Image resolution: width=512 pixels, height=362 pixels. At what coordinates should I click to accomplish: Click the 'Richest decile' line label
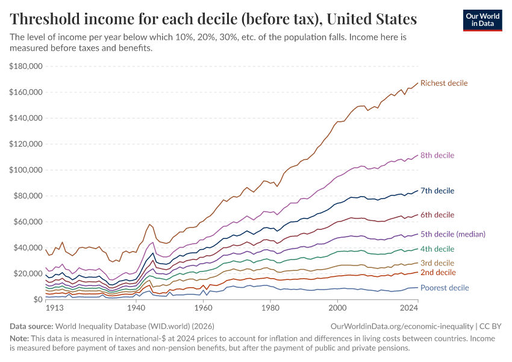click(x=444, y=83)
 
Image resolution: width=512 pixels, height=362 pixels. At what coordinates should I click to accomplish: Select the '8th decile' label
click(x=437, y=155)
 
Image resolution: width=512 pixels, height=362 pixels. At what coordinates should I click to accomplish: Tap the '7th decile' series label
click(x=437, y=191)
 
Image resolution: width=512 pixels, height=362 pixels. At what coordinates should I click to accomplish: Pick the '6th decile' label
click(x=437, y=215)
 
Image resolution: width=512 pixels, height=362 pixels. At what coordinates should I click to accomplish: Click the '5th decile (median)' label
click(x=453, y=234)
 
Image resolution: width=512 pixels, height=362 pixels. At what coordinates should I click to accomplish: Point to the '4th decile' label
click(x=437, y=249)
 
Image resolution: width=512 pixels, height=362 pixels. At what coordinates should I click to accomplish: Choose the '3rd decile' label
click(x=437, y=263)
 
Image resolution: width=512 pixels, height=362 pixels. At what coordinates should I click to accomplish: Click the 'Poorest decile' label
click(x=445, y=288)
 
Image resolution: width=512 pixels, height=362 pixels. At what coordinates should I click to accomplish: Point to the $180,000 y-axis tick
click(x=25, y=66)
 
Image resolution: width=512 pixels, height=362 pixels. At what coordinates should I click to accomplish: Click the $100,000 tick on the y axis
click(x=25, y=170)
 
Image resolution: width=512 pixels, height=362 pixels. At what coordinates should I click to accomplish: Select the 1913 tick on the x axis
click(x=55, y=308)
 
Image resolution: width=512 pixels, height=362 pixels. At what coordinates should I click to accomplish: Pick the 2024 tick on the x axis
click(x=408, y=308)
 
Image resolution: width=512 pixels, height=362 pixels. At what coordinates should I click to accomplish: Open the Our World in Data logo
click(x=482, y=20)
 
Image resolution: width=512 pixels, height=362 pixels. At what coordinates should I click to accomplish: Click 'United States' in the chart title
click(x=368, y=19)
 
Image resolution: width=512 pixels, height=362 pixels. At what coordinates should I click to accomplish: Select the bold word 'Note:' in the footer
click(x=20, y=338)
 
